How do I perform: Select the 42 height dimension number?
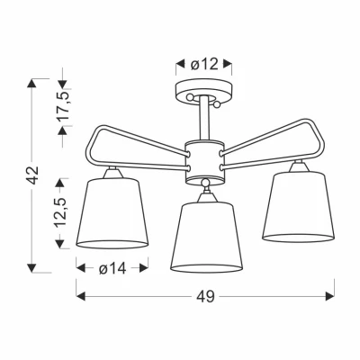[x=32, y=176]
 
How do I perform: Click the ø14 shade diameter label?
[x=112, y=268]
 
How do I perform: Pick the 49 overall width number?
[x=205, y=298]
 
